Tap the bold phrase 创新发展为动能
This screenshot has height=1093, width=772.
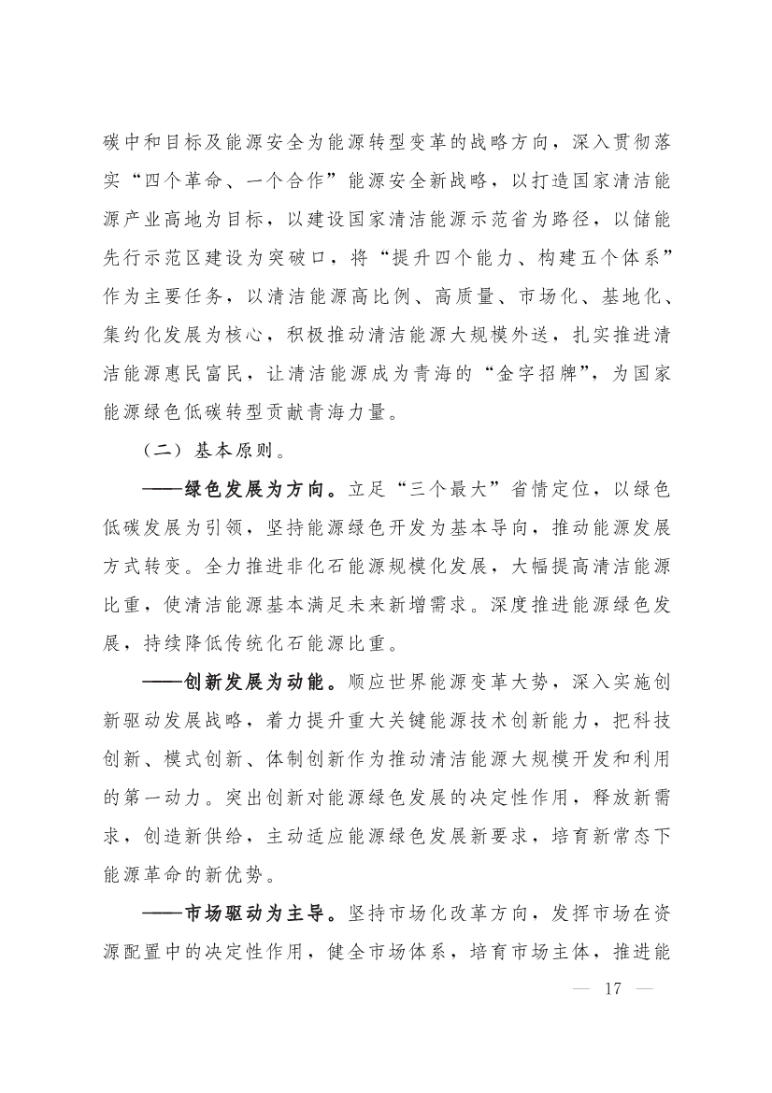click(256, 680)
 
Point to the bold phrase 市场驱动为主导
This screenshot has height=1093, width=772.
click(256, 911)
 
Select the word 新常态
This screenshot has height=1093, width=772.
click(607, 834)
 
